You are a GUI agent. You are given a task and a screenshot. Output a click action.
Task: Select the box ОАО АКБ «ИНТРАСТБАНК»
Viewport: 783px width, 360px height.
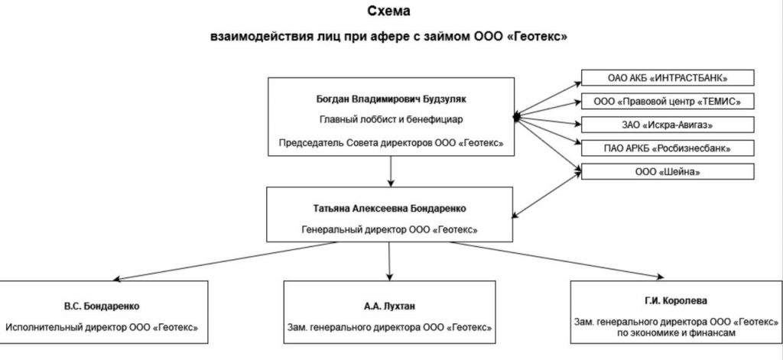click(x=668, y=78)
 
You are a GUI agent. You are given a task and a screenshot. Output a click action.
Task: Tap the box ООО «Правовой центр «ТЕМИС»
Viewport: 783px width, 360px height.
click(x=668, y=101)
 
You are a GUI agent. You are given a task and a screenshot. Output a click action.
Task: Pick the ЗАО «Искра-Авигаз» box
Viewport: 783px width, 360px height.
click(x=668, y=124)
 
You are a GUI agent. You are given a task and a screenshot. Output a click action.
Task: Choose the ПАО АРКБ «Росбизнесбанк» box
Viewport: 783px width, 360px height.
click(x=668, y=147)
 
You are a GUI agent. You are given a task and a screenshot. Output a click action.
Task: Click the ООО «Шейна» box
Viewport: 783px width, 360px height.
click(x=668, y=172)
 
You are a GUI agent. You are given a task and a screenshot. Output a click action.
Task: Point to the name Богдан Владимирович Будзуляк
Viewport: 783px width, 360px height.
click(x=391, y=99)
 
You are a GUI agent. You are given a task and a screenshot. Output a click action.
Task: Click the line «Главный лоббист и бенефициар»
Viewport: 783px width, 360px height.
click(x=391, y=119)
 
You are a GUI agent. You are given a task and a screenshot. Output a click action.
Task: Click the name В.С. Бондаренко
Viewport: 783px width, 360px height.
click(x=101, y=306)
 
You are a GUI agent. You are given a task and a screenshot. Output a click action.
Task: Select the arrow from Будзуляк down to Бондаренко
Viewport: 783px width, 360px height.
click(x=391, y=170)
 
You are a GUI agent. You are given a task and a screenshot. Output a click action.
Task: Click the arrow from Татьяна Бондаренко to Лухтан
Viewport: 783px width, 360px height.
click(x=390, y=260)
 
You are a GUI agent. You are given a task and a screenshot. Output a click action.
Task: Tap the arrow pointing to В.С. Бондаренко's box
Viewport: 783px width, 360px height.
click(x=191, y=259)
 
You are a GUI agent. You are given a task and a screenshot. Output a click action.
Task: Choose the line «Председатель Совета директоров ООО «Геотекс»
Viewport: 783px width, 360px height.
click(x=391, y=142)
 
